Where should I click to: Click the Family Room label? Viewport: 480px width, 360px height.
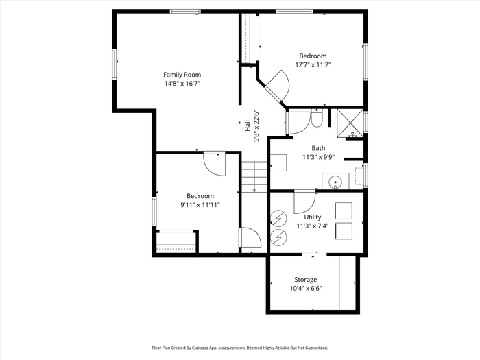[182, 75]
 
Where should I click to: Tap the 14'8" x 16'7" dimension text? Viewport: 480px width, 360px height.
[182, 84]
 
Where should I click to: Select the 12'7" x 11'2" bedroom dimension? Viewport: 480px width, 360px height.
[313, 65]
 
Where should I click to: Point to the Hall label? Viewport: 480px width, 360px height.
[248, 125]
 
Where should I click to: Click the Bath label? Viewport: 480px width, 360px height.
[318, 148]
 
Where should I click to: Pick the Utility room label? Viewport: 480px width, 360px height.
[313, 217]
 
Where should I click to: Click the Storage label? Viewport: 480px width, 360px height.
[306, 280]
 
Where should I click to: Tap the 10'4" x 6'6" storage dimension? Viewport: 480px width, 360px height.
[306, 289]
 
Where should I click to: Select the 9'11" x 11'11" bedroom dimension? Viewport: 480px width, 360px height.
[200, 205]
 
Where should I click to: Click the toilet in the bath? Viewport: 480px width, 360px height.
[316, 119]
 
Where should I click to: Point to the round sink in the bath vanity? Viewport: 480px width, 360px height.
[335, 182]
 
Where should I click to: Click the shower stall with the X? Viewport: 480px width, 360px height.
[350, 122]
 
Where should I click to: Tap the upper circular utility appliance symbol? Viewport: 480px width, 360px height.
[279, 218]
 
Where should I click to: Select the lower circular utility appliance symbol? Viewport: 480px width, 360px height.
[279, 237]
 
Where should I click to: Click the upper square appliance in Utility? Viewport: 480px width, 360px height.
[344, 211]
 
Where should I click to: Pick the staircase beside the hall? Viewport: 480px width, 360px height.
[254, 177]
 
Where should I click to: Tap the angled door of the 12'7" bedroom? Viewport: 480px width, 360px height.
[278, 87]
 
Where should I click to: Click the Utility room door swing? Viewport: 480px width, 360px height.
[304, 202]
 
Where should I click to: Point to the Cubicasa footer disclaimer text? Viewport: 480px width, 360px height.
[240, 348]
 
